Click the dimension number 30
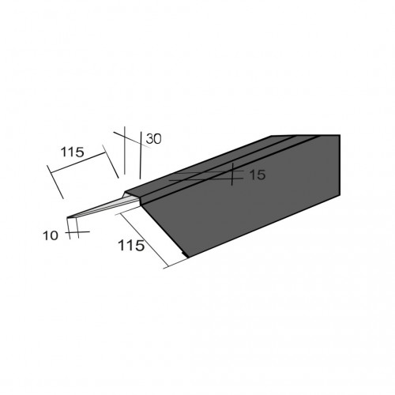click(x=153, y=139)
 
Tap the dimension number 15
click(x=258, y=175)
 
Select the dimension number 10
click(x=51, y=235)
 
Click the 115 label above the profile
click(x=72, y=152)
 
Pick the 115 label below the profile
click(x=131, y=246)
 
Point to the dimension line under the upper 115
click(x=77, y=163)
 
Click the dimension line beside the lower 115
click(x=144, y=240)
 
